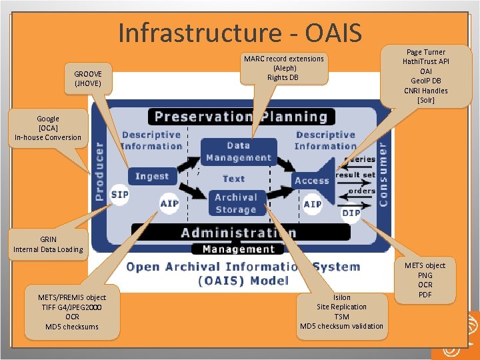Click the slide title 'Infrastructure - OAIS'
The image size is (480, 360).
tap(240, 32)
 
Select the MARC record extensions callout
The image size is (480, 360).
tap(283, 68)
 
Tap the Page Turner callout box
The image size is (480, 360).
tap(425, 75)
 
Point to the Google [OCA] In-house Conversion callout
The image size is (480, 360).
tap(48, 128)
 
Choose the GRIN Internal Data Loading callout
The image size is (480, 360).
tap(48, 244)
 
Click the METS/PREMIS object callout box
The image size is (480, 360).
tap(72, 312)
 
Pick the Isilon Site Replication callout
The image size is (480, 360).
tap(341, 311)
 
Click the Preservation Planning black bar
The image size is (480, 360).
tap(241, 117)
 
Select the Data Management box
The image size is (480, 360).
tap(239, 152)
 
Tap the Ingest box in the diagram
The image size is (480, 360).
tap(152, 176)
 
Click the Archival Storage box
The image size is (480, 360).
tap(235, 203)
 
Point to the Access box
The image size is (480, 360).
tap(311, 180)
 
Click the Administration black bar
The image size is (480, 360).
tap(239, 233)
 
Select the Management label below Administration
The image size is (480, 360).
tap(238, 249)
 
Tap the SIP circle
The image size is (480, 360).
tap(119, 194)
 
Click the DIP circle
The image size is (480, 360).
tap(351, 213)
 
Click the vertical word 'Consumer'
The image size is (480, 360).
tap(383, 172)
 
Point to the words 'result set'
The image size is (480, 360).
tap(355, 175)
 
